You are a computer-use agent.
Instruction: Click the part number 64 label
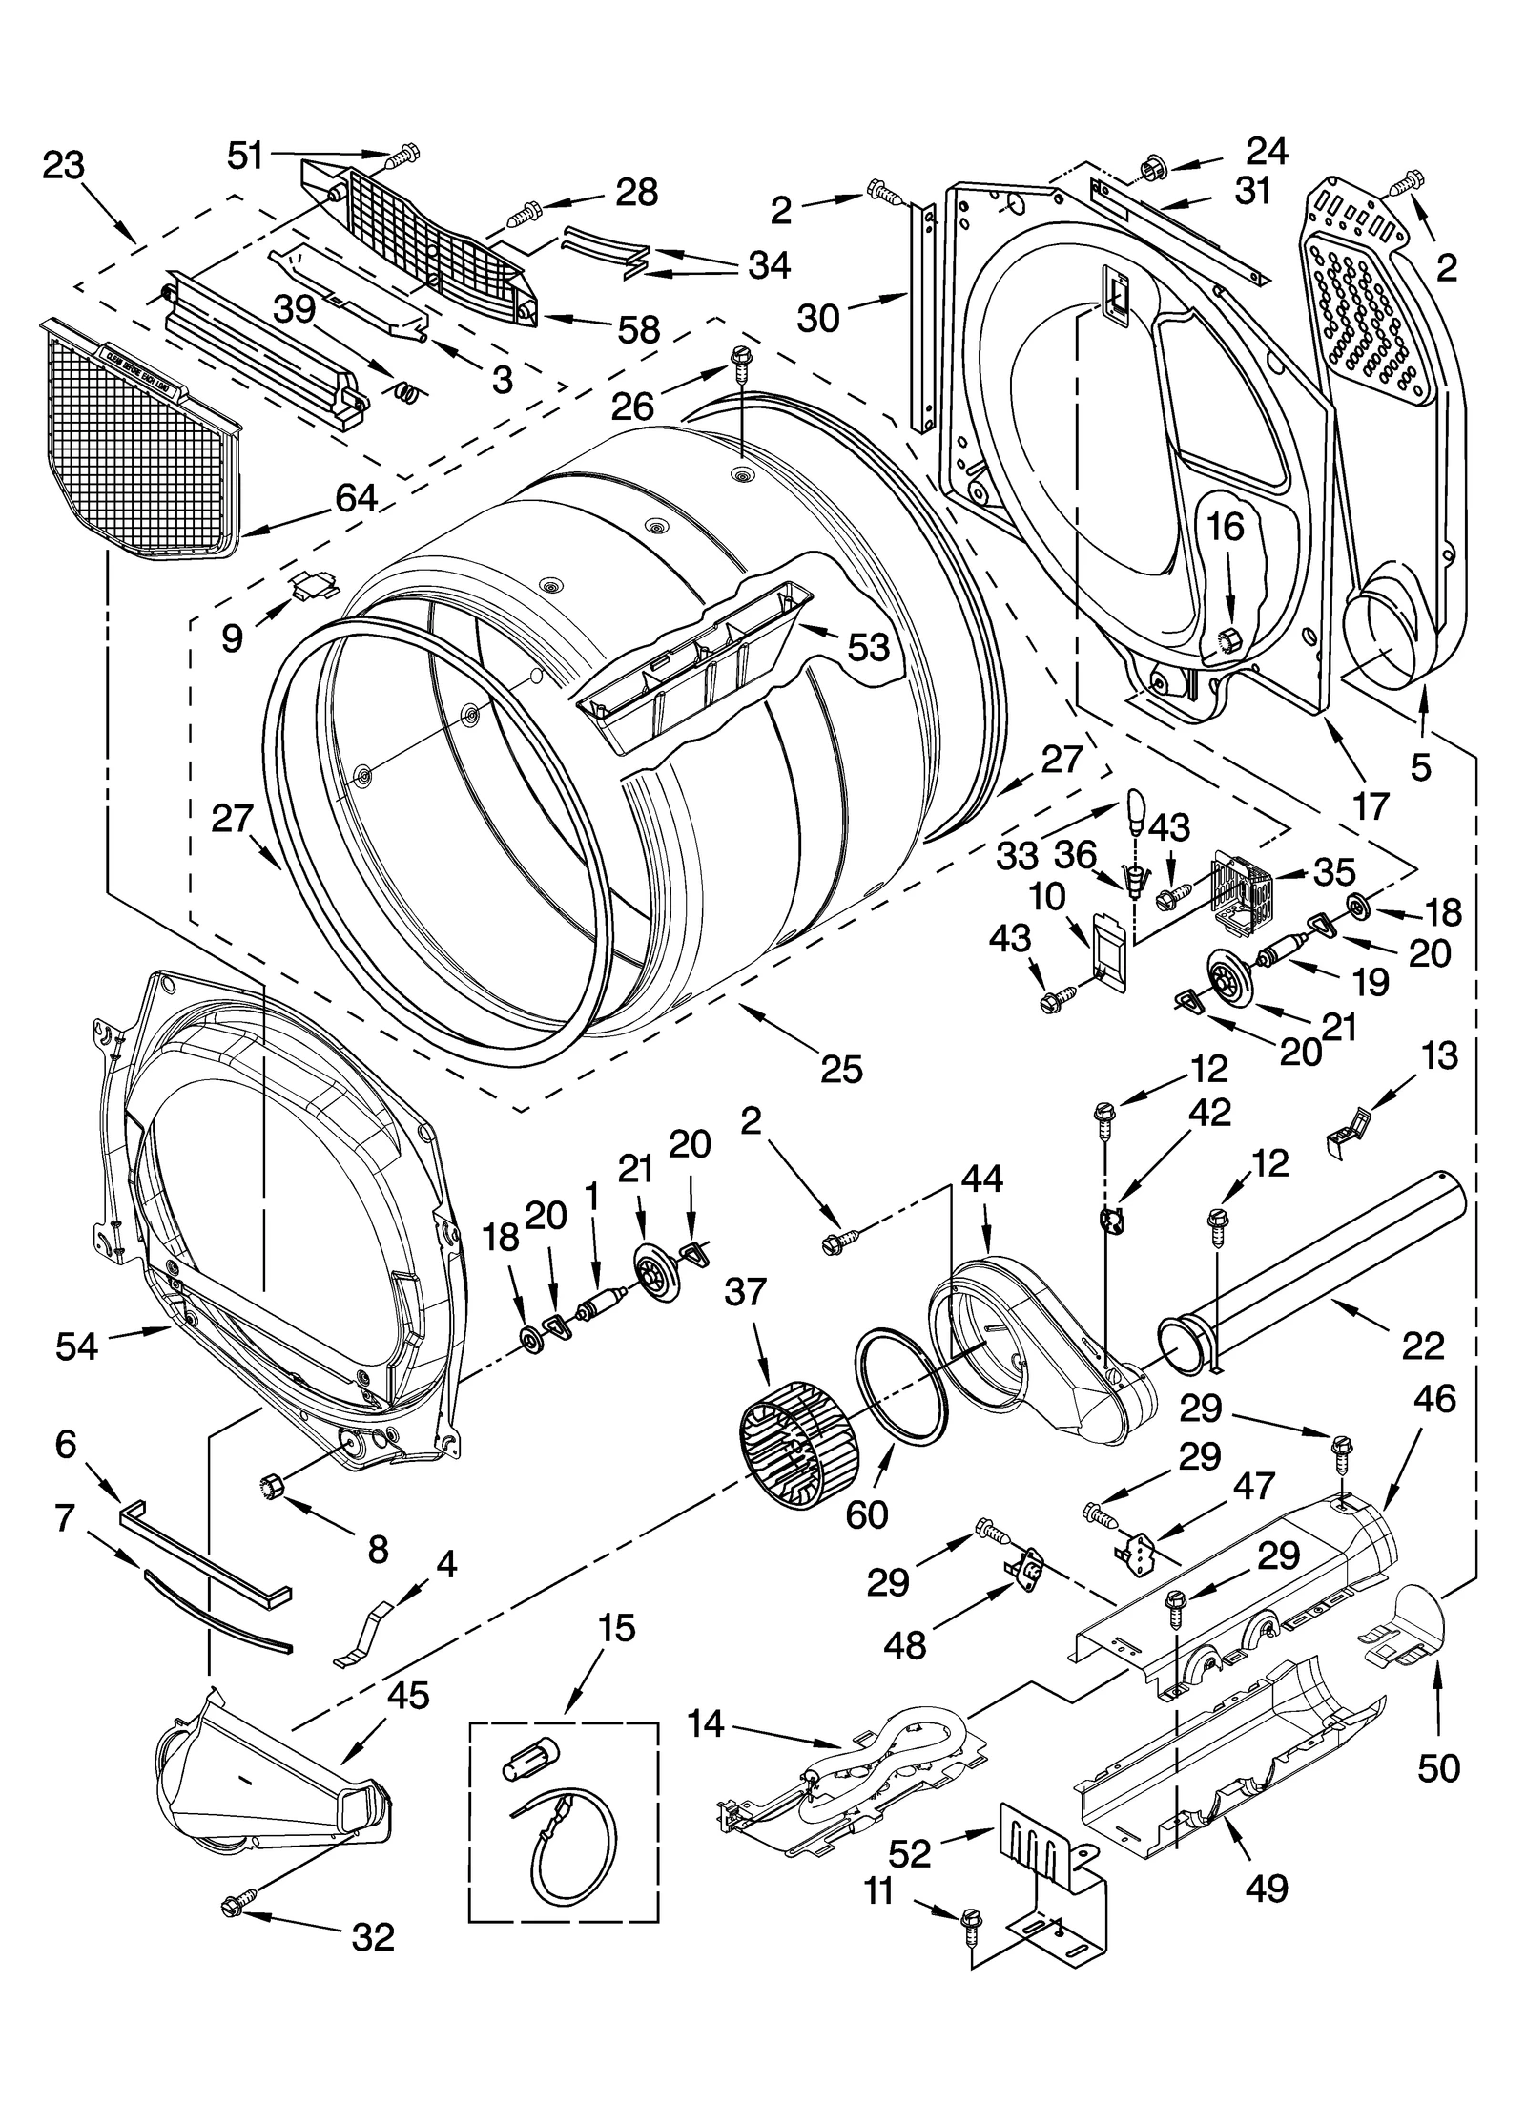(x=355, y=497)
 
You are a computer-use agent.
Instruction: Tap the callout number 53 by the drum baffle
(x=867, y=647)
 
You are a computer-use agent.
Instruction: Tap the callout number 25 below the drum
(x=841, y=1070)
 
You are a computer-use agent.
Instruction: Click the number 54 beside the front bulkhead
(x=77, y=1346)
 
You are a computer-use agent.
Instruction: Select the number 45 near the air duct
(x=407, y=1695)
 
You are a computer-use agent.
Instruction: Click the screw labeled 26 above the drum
(x=740, y=361)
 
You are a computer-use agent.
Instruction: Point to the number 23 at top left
(x=64, y=166)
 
